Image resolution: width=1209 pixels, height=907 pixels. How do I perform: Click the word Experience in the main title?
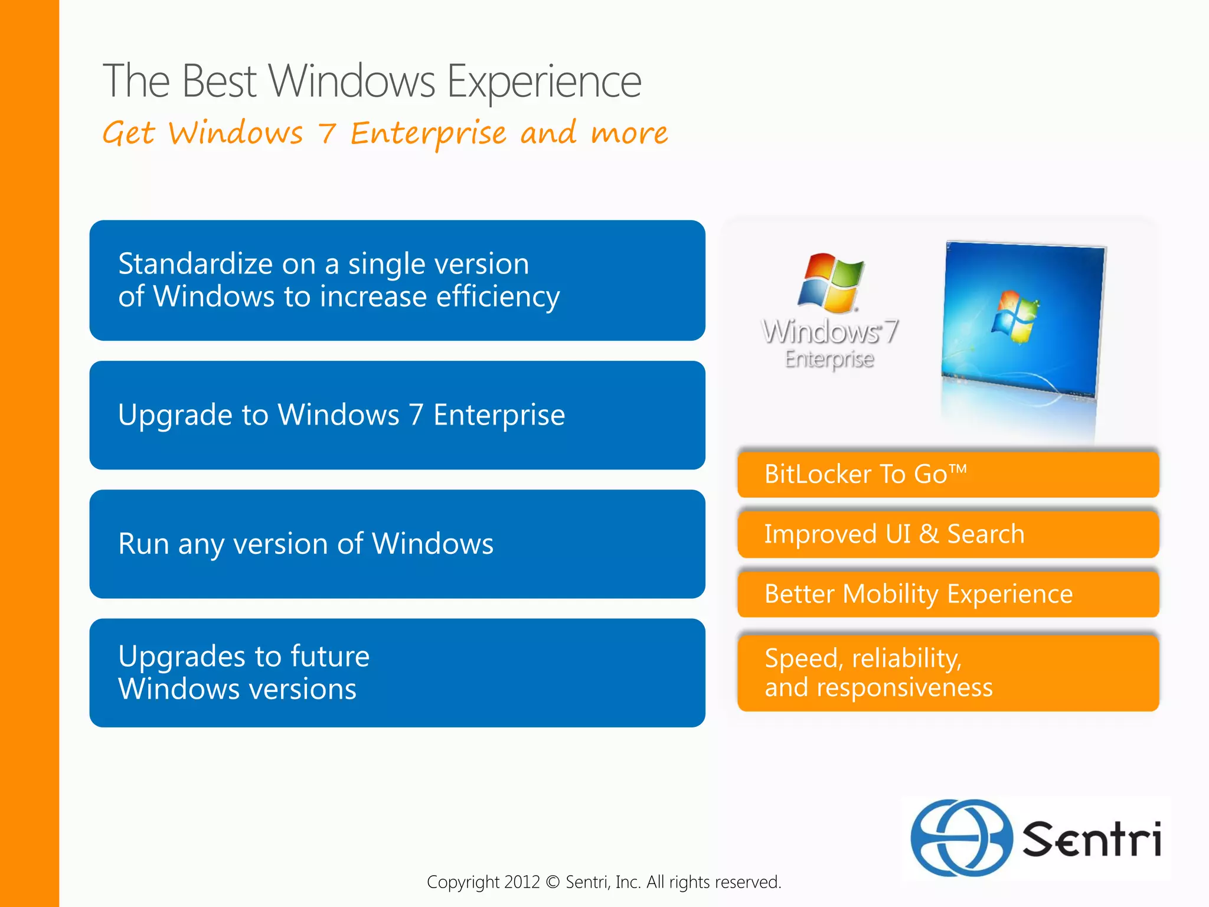click(x=544, y=81)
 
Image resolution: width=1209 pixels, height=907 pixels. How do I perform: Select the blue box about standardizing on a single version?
click(x=397, y=280)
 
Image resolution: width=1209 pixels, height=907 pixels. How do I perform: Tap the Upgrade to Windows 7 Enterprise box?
click(x=397, y=415)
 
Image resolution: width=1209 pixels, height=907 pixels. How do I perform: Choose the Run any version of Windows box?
click(x=397, y=544)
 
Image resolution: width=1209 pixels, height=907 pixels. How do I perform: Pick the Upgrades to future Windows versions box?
click(x=397, y=673)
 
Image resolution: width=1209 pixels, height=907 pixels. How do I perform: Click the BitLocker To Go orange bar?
click(x=947, y=474)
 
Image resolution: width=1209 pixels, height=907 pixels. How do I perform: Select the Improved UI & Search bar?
click(x=947, y=534)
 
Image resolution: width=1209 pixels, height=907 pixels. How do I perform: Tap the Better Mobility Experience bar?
click(x=947, y=593)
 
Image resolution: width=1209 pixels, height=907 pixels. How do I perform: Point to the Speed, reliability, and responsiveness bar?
click(x=947, y=673)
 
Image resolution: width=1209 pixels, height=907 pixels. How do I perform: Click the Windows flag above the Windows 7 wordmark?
click(x=831, y=283)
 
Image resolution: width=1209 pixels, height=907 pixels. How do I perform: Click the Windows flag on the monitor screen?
click(x=1015, y=317)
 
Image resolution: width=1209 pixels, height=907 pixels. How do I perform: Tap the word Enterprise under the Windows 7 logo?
click(x=829, y=359)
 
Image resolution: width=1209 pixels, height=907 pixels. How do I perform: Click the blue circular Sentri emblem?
click(x=960, y=837)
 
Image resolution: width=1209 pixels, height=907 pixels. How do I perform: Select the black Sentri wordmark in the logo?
click(x=1092, y=839)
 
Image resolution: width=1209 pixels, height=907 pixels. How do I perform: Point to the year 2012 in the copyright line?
click(x=522, y=882)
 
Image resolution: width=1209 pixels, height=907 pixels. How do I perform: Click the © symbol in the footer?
click(x=553, y=882)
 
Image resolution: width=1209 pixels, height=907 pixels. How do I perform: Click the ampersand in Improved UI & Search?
click(x=929, y=534)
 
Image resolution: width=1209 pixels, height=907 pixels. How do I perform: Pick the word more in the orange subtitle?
click(x=629, y=133)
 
